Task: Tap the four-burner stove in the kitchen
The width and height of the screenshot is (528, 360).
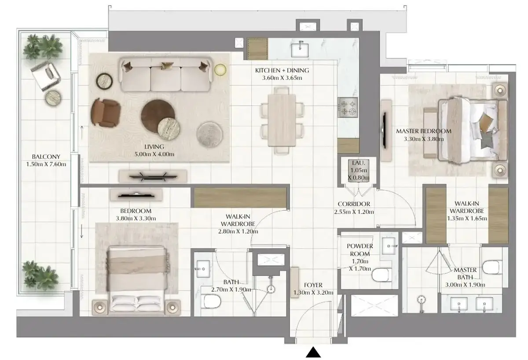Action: [x=348, y=107]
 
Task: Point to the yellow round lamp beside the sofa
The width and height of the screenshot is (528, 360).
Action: [x=220, y=70]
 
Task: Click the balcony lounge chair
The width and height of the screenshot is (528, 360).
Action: [x=46, y=76]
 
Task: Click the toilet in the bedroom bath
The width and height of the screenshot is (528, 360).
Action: [x=211, y=301]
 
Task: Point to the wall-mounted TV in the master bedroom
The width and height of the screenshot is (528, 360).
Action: [x=384, y=130]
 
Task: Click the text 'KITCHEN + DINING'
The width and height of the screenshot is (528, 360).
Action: [x=282, y=70]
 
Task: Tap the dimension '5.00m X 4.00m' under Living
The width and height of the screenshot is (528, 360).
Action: [x=154, y=154]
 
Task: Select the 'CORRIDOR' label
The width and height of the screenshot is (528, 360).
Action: [x=354, y=204]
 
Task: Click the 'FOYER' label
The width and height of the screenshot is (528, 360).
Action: [x=313, y=285]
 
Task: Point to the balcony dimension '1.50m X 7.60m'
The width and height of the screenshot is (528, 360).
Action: [x=46, y=164]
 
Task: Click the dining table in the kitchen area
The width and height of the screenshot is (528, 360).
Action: [x=282, y=120]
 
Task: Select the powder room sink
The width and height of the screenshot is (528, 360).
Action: [x=389, y=246]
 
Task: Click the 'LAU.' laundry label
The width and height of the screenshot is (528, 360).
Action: [x=358, y=163]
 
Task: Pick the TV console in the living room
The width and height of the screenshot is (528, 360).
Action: [x=153, y=176]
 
